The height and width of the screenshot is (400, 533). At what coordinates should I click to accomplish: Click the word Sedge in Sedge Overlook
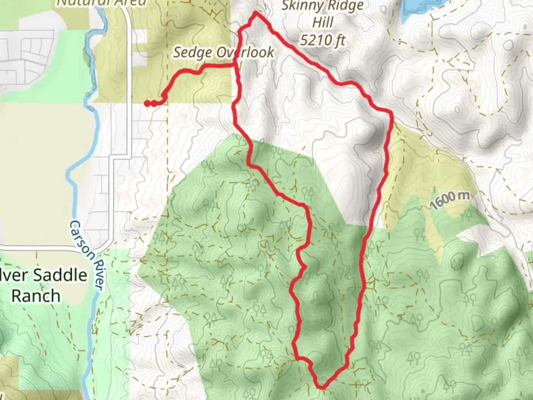[x=192, y=53]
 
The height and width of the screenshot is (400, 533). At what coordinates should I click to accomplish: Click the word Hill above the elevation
[x=323, y=23]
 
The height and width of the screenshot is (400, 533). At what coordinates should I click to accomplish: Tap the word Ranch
[x=36, y=296]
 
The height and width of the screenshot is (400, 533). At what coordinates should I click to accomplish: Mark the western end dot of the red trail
[x=147, y=103]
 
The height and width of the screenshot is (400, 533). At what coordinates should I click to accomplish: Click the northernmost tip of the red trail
[x=255, y=13]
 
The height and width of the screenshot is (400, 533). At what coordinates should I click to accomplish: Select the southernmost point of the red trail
[x=321, y=387]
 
